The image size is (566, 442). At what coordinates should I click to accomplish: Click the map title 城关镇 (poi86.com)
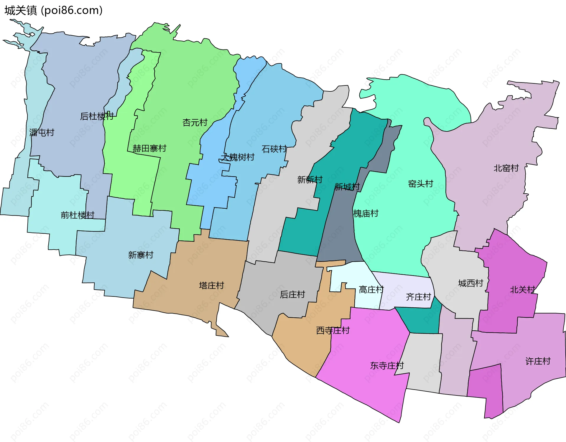53,10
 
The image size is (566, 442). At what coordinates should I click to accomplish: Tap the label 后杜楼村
97,116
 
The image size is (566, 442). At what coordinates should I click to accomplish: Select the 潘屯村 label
42,133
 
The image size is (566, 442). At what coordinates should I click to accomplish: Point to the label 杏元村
195,122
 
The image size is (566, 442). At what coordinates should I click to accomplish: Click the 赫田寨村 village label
149,148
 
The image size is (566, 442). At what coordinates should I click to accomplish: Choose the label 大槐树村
238,157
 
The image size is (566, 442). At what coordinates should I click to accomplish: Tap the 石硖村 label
274,149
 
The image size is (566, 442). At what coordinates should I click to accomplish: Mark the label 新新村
310,179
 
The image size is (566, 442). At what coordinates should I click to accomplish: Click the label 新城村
347,187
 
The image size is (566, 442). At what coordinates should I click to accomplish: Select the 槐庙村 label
366,213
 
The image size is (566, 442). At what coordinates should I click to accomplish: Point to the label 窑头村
420,184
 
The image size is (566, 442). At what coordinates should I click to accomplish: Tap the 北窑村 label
506,168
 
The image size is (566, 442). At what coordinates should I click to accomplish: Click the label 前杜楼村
78,215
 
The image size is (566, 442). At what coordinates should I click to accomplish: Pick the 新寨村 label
141,255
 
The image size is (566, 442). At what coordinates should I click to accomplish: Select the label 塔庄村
211,285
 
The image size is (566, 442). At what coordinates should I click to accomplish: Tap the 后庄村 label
292,294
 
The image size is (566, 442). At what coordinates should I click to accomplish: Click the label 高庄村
371,290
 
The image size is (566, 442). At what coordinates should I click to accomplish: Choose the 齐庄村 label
418,297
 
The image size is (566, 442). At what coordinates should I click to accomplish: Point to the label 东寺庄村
387,366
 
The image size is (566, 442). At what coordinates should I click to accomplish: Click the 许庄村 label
538,361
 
